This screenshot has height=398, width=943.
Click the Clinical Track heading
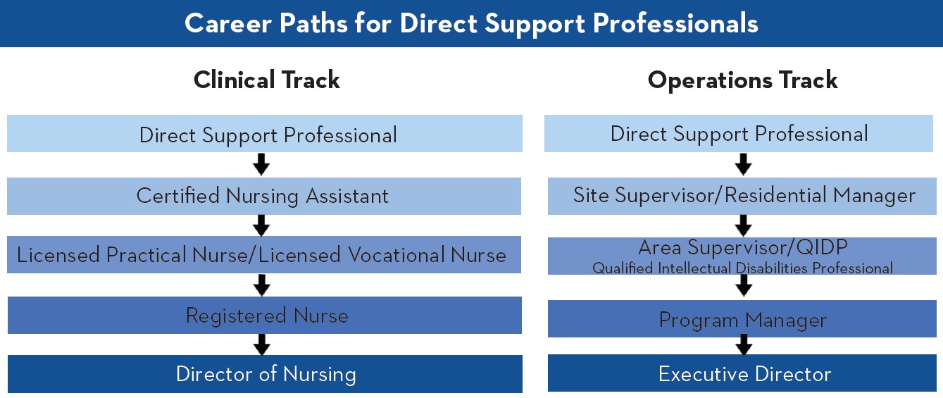click(266, 80)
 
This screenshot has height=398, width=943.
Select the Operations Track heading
click(742, 80)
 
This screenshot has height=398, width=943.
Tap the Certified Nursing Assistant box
click(263, 196)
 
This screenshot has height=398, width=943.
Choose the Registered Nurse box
click(265, 315)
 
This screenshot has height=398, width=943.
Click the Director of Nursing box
click(265, 374)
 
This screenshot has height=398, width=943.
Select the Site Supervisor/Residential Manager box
click(744, 195)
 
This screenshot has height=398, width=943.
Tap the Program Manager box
click(742, 320)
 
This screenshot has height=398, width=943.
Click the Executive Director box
click(744, 373)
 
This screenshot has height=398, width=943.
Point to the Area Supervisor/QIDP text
click(742, 248)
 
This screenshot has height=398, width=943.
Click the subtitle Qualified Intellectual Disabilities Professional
click(742, 268)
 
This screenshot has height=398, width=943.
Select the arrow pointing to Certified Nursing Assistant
click(261, 165)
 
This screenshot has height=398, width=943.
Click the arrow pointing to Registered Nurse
click(261, 285)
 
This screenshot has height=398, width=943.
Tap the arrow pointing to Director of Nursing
click(261, 344)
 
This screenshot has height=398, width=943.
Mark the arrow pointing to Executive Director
click(743, 345)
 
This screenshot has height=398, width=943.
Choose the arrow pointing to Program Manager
click(743, 285)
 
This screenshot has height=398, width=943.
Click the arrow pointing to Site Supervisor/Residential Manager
click(743, 165)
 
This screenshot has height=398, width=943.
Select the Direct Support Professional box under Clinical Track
click(265, 134)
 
